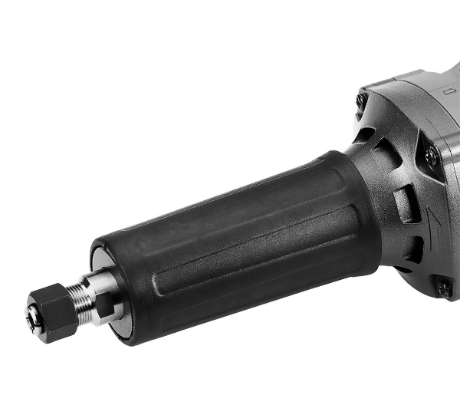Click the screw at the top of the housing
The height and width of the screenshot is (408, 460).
coord(363,101)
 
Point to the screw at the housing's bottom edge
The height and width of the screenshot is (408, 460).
coord(444,289)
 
